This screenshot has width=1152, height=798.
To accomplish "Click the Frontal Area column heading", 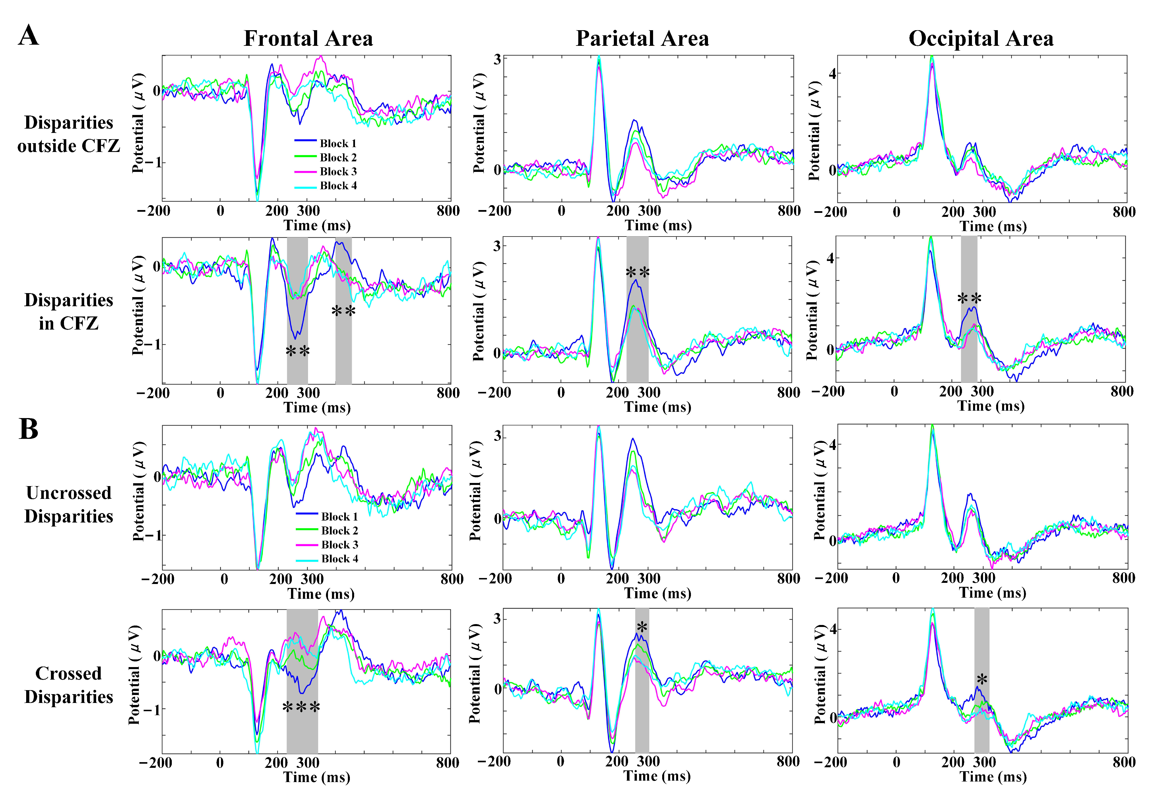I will tap(308, 38).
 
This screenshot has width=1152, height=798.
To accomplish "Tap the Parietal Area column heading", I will tap(642, 38).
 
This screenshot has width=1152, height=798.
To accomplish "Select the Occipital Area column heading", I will tap(980, 38).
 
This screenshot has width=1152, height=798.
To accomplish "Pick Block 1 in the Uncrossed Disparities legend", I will tap(339, 517).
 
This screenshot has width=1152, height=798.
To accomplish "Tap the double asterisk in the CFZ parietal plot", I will tap(638, 273).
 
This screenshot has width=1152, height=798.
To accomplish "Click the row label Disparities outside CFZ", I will tap(69, 134).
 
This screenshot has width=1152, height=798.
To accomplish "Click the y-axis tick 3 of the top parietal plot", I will tap(497, 59).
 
